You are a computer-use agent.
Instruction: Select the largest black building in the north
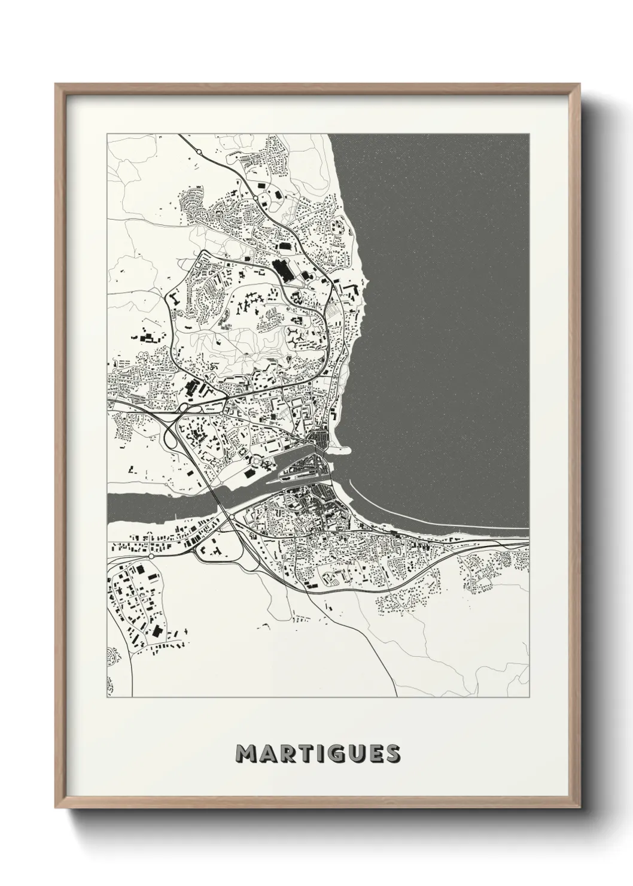281,269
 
